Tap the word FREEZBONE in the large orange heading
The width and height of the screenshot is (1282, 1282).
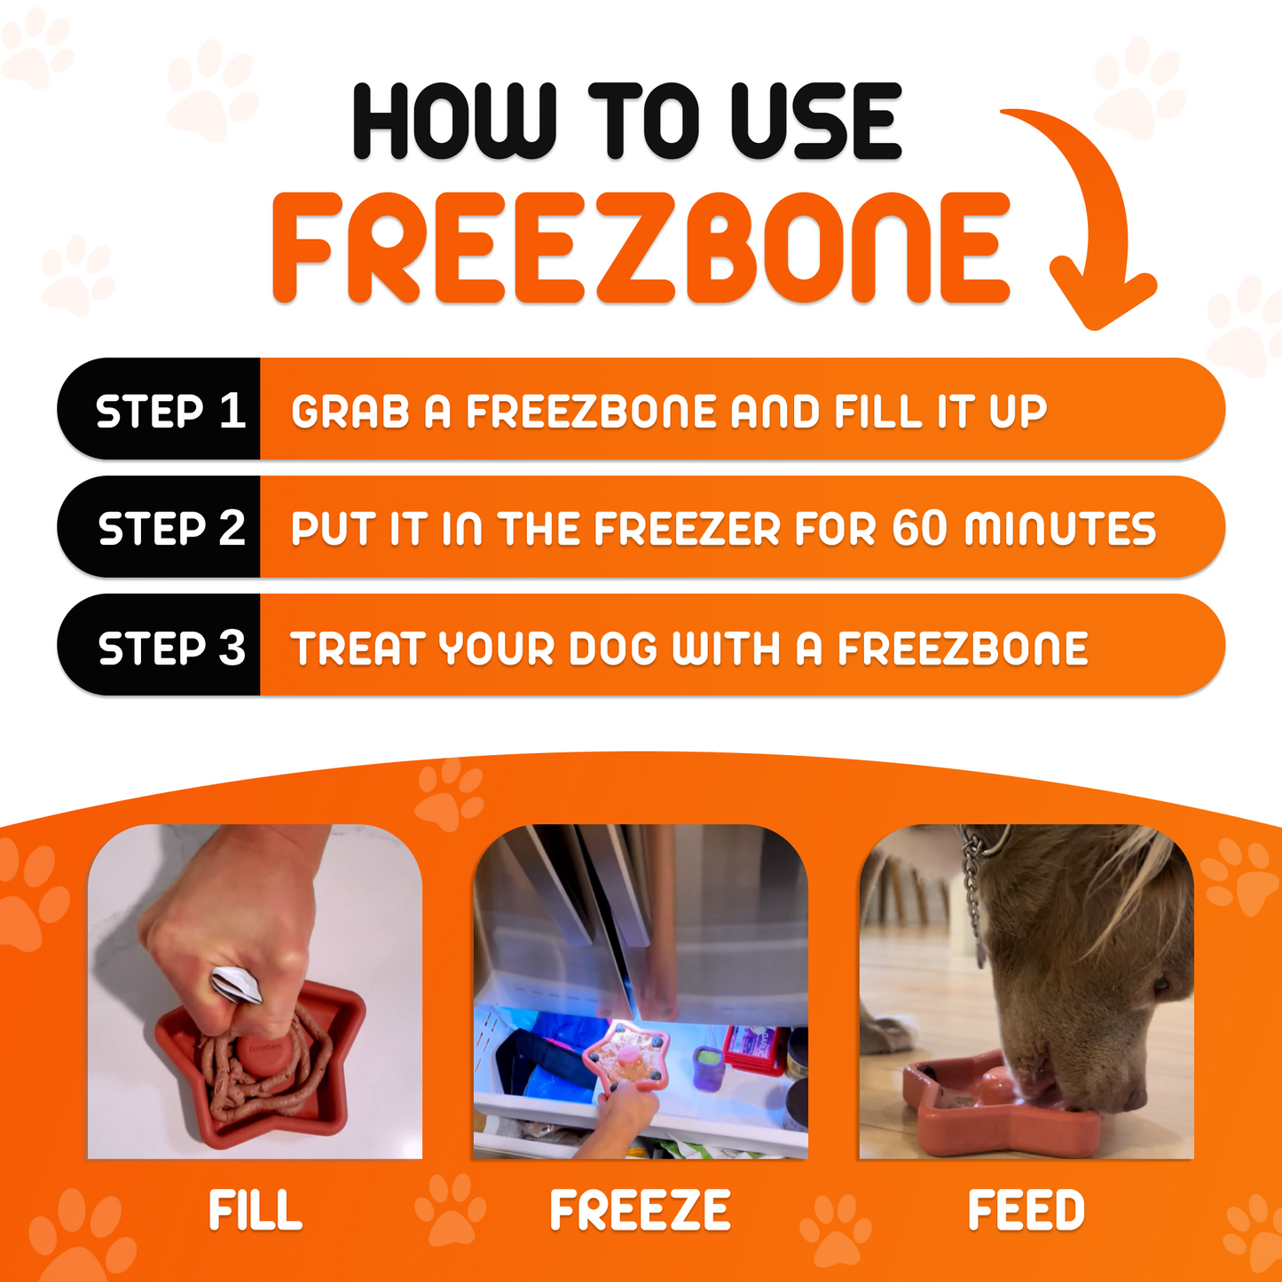point(641,248)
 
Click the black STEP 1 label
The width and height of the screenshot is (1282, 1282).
point(169,411)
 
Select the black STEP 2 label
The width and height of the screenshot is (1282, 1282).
point(169,529)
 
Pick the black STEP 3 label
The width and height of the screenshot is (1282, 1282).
point(169,648)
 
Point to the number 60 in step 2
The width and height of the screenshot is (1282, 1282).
point(921,529)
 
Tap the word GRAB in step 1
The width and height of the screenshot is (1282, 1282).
point(350,412)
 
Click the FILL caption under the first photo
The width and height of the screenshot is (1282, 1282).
point(256,1211)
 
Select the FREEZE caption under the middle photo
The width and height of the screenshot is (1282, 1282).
point(640,1211)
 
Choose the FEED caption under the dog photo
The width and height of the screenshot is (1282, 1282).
point(1026,1211)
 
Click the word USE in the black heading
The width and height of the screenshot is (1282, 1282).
point(814,122)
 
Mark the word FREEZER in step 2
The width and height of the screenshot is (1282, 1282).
point(688,529)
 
